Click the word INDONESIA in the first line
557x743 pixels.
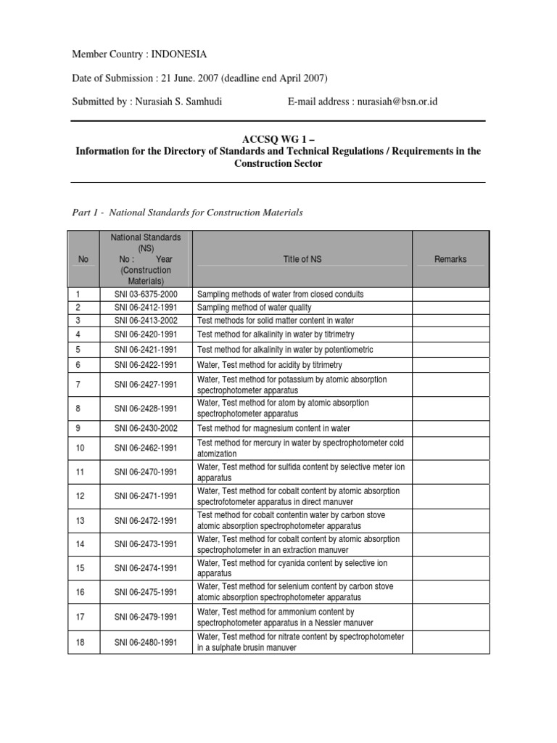coord(179,54)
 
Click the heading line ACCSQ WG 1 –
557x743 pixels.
coord(278,139)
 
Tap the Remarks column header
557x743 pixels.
coord(450,259)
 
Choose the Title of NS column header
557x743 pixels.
coord(302,259)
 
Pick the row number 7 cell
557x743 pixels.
coord(78,385)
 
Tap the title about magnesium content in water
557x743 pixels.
coord(273,429)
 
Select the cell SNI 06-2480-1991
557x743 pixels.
coord(146,642)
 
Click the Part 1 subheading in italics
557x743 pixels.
coord(187,213)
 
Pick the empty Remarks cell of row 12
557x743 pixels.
coord(450,496)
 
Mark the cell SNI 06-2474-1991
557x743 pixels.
coord(146,568)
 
